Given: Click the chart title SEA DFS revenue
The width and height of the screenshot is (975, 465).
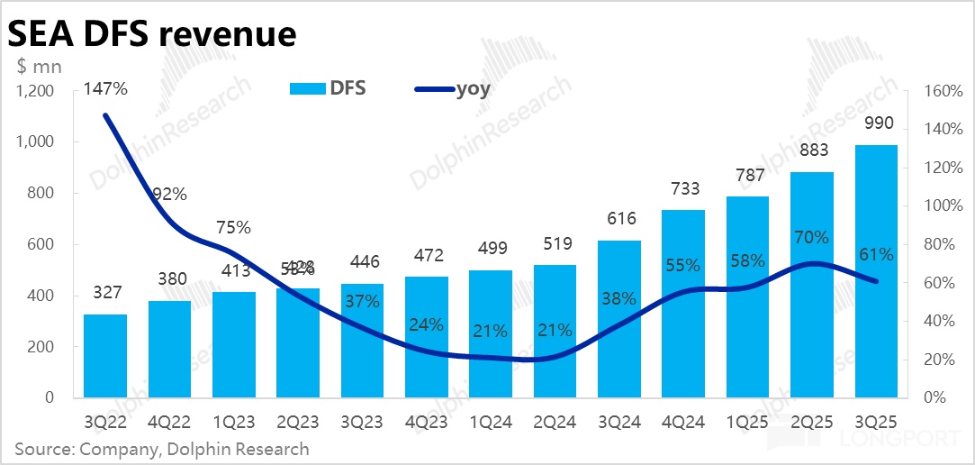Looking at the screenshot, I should coord(151,33).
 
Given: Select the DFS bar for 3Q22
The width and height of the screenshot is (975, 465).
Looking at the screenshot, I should coord(105,355).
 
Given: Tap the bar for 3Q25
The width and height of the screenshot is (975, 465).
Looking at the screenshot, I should coord(876,270).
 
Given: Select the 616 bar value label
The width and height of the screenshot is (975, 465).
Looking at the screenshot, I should coord(620,219).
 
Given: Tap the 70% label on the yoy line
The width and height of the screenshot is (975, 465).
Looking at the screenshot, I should coord(811,238).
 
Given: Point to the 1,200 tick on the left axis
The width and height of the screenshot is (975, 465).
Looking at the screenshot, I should coord(36,91).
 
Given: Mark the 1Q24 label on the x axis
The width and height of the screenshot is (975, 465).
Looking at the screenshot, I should coord(491,421).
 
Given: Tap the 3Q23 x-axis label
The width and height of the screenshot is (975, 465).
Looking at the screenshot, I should coord(363,421).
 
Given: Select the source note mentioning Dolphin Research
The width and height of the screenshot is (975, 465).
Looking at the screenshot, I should coord(161,449).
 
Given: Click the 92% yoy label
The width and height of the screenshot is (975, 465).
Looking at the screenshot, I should coord(169,194).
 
